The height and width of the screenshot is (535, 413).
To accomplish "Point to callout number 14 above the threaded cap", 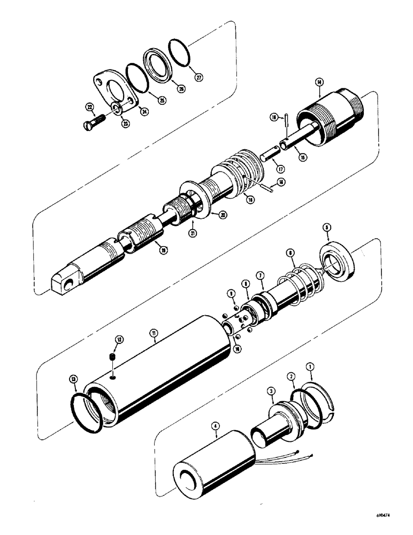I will click(x=319, y=82).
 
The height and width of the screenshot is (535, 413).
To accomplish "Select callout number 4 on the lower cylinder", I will click(x=216, y=426).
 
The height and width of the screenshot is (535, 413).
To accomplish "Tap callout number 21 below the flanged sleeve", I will click(x=192, y=232).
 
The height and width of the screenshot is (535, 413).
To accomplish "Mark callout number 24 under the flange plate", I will click(x=144, y=111).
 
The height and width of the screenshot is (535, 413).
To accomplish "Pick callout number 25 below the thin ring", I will click(x=162, y=100).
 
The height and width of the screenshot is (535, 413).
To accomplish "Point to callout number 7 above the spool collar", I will click(x=260, y=276).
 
